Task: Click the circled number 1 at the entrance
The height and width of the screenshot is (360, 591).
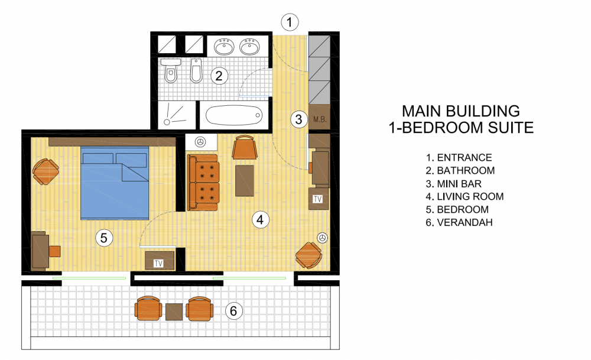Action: [290, 22]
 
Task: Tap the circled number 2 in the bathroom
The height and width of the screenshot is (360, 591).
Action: [219, 76]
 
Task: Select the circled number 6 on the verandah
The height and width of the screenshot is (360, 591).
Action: [233, 311]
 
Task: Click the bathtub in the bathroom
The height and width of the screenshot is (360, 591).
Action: [233, 115]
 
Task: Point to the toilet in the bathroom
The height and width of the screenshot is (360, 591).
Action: [171, 70]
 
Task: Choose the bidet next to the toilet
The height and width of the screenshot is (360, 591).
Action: [196, 70]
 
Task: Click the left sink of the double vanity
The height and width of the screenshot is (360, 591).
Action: [224, 47]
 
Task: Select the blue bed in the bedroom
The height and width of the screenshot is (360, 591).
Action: [115, 183]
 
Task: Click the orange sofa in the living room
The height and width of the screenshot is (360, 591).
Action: [203, 183]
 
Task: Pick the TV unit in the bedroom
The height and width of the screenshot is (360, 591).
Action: [160, 261]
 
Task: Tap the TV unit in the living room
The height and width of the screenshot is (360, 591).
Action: [318, 199]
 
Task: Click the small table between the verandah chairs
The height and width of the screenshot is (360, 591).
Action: [174, 312]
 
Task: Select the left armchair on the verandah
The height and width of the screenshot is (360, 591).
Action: [148, 309]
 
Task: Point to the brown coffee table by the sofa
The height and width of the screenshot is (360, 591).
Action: [245, 180]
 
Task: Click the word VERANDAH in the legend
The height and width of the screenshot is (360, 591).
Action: [465, 222]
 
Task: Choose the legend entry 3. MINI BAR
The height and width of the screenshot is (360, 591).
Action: [454, 184]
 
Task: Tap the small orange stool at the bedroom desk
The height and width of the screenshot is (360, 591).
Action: [55, 251]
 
